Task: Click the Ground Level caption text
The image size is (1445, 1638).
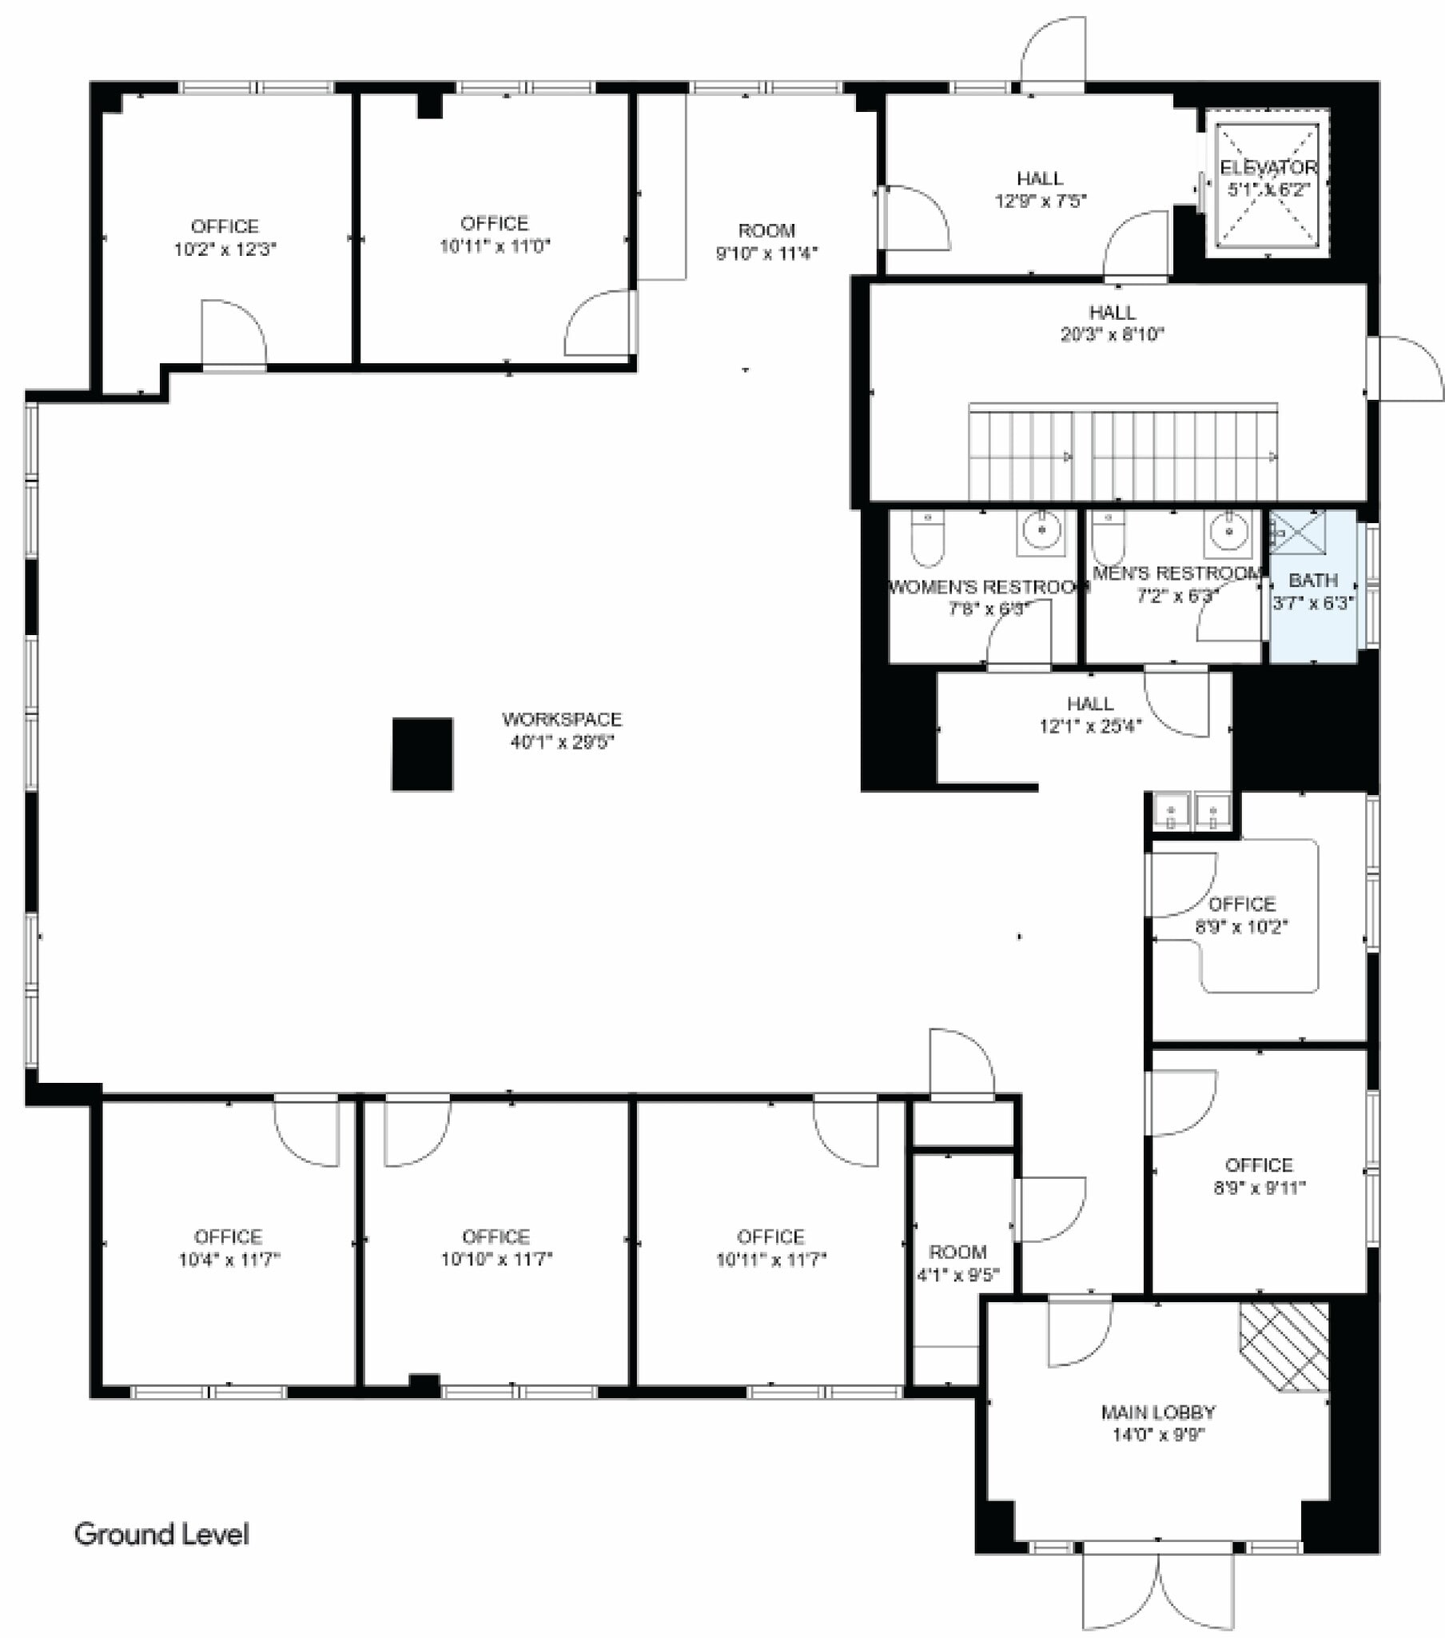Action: click(161, 1534)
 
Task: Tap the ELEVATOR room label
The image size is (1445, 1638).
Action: click(1268, 167)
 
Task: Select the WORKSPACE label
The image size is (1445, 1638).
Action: click(562, 719)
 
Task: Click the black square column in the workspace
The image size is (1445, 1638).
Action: click(422, 754)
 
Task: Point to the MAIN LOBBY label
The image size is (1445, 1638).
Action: click(1158, 1412)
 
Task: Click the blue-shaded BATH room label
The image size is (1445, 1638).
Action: click(1313, 579)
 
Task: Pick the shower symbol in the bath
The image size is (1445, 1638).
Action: click(1298, 530)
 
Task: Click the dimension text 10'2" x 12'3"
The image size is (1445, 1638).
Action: click(225, 250)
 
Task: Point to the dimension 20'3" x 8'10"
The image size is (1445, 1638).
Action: click(1112, 334)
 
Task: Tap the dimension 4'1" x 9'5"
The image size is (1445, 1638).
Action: click(958, 1274)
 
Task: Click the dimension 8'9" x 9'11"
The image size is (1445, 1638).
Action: click(1259, 1188)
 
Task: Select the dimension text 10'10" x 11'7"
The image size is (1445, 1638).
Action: click(496, 1259)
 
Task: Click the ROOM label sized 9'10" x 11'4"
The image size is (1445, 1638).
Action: click(766, 231)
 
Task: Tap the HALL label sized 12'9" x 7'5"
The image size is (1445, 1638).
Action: click(1040, 178)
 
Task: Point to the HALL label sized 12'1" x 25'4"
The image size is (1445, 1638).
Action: click(1090, 704)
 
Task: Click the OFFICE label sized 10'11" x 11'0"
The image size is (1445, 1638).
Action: click(494, 223)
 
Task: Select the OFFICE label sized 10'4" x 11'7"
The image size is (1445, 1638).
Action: click(229, 1236)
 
